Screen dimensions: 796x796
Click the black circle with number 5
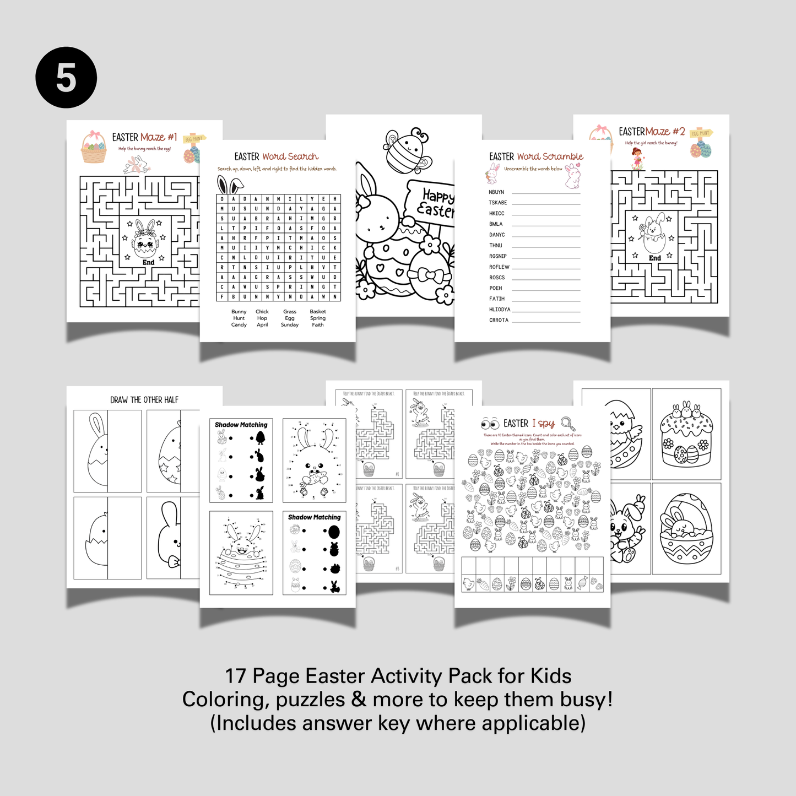click(x=66, y=78)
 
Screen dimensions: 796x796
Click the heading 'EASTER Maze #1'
click(x=144, y=137)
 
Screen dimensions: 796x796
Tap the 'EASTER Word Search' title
click(x=277, y=156)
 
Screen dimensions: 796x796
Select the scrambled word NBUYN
click(x=496, y=192)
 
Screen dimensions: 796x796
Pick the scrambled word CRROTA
click(x=499, y=320)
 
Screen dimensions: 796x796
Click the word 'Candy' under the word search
click(x=239, y=325)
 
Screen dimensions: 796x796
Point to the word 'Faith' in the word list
click(x=318, y=325)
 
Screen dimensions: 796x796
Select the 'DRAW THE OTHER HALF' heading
click(x=144, y=400)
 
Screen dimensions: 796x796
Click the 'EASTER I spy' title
click(x=528, y=423)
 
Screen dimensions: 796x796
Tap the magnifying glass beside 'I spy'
click(x=567, y=423)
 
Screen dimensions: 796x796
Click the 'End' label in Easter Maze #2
click(x=654, y=258)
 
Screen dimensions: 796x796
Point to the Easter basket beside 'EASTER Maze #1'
click(x=94, y=148)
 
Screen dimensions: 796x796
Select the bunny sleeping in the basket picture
click(x=686, y=529)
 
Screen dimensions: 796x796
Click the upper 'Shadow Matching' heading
click(x=241, y=425)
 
